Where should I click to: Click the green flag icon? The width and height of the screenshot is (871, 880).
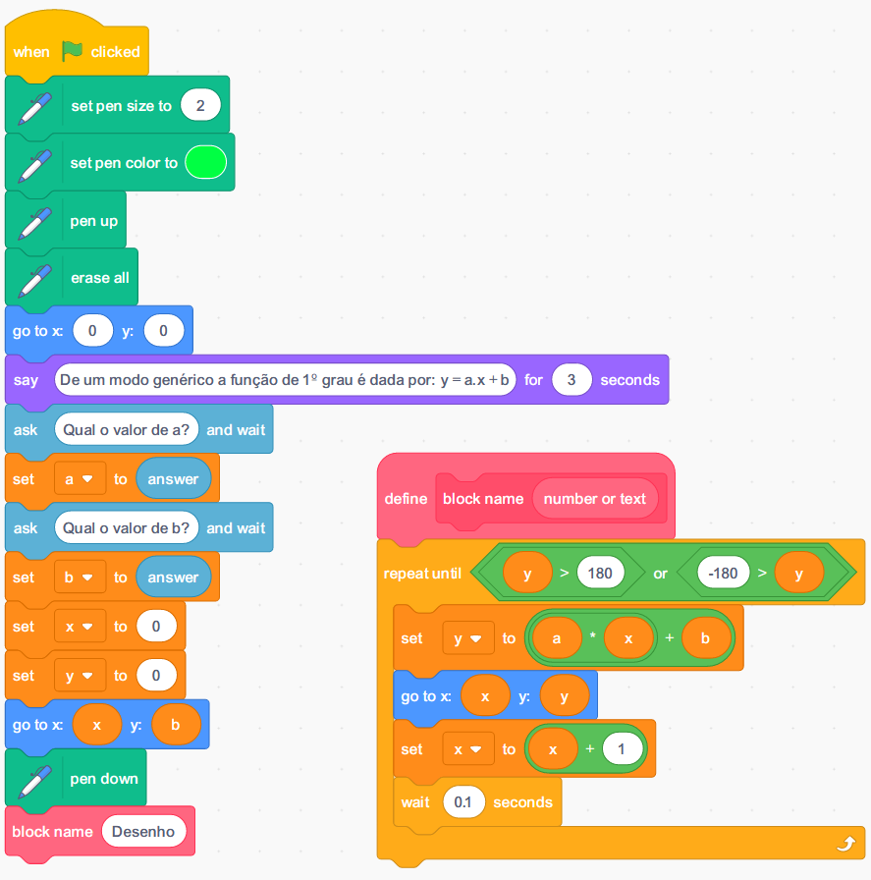pos(74,51)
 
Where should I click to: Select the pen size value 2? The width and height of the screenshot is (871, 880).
pos(200,105)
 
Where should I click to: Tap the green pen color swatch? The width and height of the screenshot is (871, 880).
pos(205,162)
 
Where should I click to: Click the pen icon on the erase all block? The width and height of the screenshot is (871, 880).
pos(34,278)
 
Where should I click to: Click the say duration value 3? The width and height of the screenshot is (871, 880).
pos(572,380)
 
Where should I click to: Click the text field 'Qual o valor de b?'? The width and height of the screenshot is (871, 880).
pos(127,527)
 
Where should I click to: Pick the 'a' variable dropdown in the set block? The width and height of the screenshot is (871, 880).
pos(80,479)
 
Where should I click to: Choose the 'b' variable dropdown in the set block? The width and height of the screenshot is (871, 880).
pos(80,577)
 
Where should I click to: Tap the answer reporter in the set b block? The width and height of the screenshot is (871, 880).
pos(173,577)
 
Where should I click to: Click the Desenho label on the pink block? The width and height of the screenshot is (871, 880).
pos(143,832)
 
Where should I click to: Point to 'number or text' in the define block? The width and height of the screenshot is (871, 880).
pos(595,499)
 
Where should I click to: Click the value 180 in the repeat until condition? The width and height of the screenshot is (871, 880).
pos(601,573)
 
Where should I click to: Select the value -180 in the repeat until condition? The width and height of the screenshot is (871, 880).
pos(723,573)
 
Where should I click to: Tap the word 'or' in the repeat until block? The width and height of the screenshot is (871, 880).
pos(660,573)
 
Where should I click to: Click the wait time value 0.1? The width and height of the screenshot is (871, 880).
pos(463,802)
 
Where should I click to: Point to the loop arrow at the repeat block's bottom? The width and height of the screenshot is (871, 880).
pos(844,843)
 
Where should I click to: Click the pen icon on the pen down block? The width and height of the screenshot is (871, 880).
pos(34,779)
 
